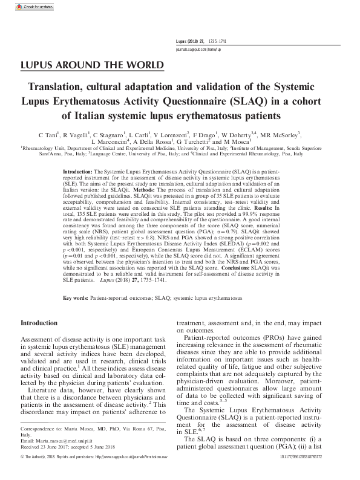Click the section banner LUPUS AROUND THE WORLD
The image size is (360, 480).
[x=91, y=65]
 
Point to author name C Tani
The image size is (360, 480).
[x=48, y=134]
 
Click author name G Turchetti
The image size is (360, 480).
[x=200, y=141]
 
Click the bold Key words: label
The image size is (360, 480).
[x=76, y=299]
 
